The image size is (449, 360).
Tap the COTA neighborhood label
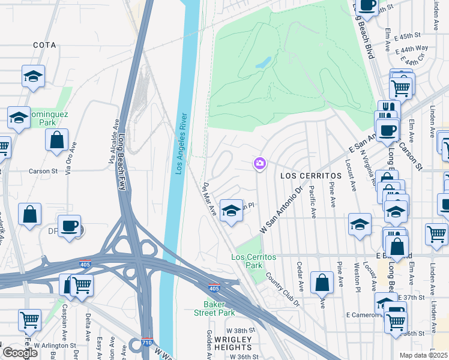pyautogui.click(x=44, y=45)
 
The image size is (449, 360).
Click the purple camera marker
pyautogui.click(x=260, y=163)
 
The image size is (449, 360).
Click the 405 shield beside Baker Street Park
pyautogui.click(x=214, y=289)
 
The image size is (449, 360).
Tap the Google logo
pyautogui.click(x=19, y=353)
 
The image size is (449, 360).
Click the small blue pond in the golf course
pyautogui.click(x=263, y=62)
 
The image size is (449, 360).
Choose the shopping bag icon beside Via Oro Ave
pyautogui.click(x=56, y=140)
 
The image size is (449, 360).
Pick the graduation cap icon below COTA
pyautogui.click(x=34, y=76)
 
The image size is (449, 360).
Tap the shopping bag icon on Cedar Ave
pyautogui.click(x=322, y=283)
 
